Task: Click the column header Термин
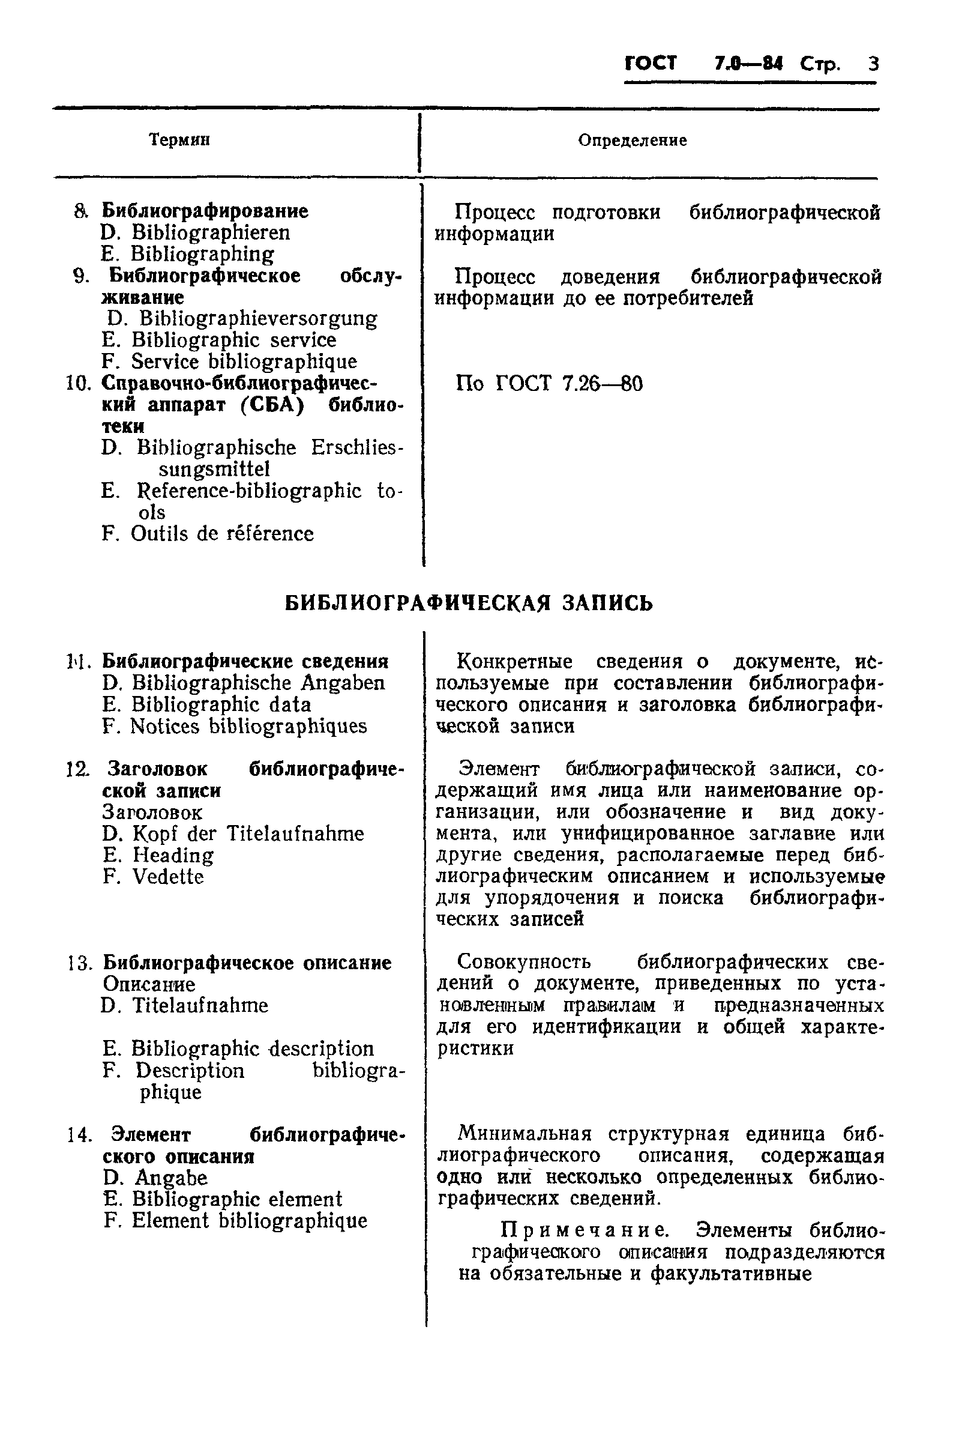pos(179,140)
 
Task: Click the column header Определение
pos(632,140)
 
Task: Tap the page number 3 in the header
pos(873,64)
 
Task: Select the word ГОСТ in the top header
pos(651,64)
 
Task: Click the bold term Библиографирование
pos(205,211)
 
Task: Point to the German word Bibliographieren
pos(211,233)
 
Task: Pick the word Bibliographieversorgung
pos(258,319)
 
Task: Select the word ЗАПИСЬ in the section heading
pos(607,603)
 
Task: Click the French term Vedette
pos(168,877)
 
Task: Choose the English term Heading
pos(173,855)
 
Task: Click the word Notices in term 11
pos(165,727)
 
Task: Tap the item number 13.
pos(80,963)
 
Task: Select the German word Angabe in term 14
pos(171,1178)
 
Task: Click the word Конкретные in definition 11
pos(515,662)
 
